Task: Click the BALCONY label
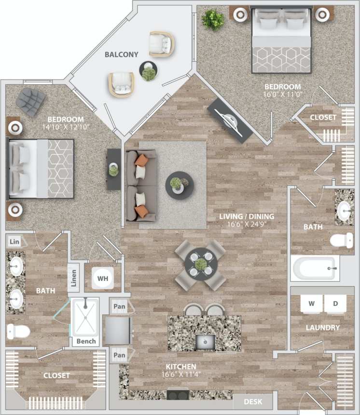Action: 122,54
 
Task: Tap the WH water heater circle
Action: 103,279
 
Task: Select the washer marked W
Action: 311,304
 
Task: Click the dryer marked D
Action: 335,304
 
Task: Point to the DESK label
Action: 253,401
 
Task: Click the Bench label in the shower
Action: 86,341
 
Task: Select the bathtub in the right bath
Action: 314,268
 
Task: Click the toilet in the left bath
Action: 18,331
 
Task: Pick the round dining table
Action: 200,263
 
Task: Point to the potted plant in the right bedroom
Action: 213,20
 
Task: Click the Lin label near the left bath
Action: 14,241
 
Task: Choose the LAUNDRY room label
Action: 323,328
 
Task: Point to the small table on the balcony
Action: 148,71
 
